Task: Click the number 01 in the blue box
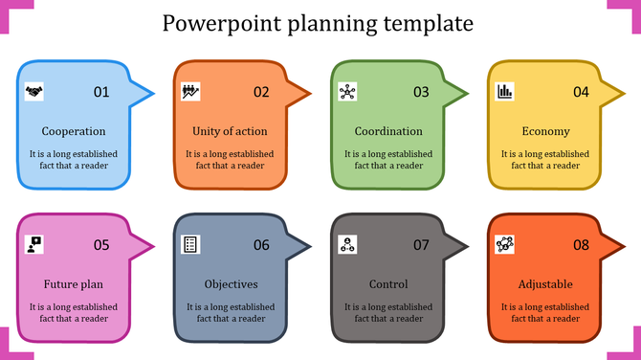101,93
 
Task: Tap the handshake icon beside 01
34,92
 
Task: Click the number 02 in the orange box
261,93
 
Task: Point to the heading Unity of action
230,131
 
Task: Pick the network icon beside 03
347,92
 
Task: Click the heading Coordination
388,131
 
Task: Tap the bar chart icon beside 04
504,92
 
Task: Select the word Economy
546,131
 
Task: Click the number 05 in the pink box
101,245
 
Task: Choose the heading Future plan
74,284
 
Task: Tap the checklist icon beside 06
190,244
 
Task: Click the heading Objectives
232,284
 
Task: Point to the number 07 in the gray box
421,245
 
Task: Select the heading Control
388,284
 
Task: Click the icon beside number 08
504,244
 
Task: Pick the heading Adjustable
545,284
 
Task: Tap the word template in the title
427,23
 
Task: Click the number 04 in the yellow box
581,93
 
